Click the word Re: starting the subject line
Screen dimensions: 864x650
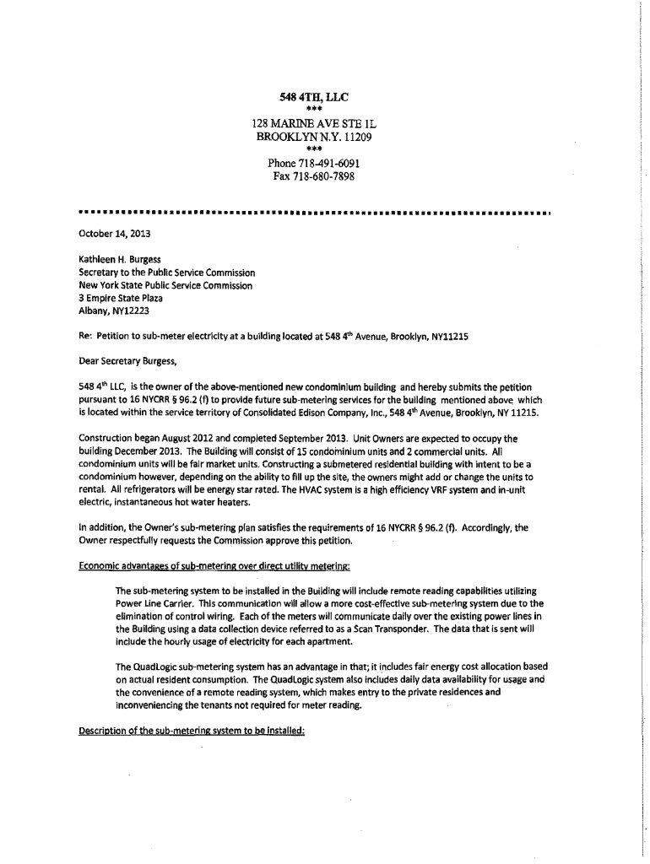pos(84,336)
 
